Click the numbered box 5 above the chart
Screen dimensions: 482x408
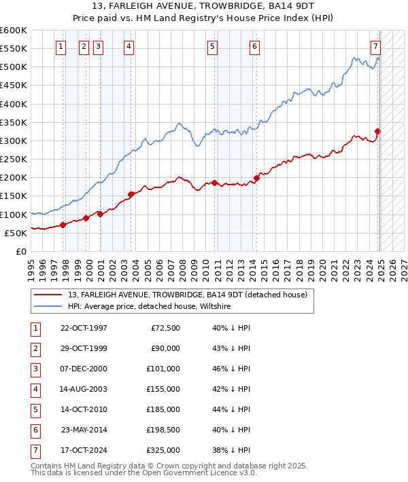point(213,46)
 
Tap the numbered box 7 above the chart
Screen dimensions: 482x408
point(375,46)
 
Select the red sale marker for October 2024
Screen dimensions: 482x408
point(378,132)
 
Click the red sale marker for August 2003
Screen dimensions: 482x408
point(131,194)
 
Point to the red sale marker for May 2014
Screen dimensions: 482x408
point(256,179)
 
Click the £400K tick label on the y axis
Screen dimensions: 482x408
point(14,104)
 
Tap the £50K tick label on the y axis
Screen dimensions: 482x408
point(16,233)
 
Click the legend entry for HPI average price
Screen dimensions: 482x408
point(149,307)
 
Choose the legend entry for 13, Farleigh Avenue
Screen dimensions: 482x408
point(188,295)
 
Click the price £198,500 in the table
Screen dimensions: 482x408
point(163,430)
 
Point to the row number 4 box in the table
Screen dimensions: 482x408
point(34,389)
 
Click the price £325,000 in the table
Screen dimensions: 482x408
point(163,450)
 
